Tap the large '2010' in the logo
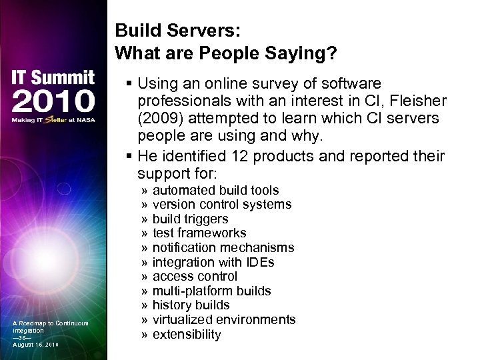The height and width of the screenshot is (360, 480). pyautogui.click(x=53, y=101)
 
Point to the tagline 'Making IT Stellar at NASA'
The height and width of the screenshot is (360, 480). pyautogui.click(x=53, y=120)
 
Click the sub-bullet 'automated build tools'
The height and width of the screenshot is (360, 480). pyautogui.click(x=215, y=191)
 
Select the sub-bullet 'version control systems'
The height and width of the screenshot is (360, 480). pyautogui.click(x=222, y=205)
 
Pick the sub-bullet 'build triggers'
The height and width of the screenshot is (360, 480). pyautogui.click(x=190, y=219)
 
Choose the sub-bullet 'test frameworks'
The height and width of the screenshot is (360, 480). pyautogui.click(x=199, y=233)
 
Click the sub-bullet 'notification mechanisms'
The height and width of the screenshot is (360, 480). pyautogui.click(x=223, y=248)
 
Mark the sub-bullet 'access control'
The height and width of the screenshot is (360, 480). pyautogui.click(x=195, y=276)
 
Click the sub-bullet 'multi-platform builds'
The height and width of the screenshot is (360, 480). pyautogui.click(x=211, y=291)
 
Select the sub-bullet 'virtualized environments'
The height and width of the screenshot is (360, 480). pyautogui.click(x=224, y=320)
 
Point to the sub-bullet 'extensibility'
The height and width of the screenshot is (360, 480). pyautogui.click(x=187, y=335)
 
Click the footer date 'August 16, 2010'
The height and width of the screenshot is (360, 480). pyautogui.click(x=35, y=345)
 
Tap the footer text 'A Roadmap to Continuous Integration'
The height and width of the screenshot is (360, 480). pyautogui.click(x=50, y=327)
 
